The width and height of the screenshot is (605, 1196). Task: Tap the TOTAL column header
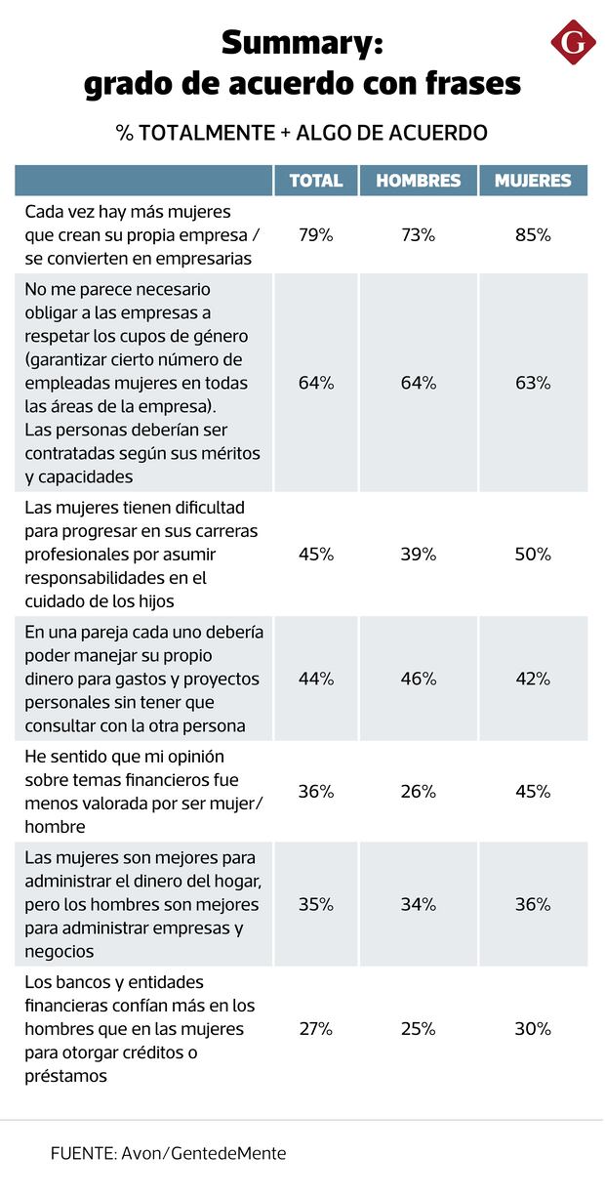pyautogui.click(x=316, y=181)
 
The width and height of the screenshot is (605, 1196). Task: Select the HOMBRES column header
pyautogui.click(x=418, y=181)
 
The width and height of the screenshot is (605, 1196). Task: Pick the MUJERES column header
pyautogui.click(x=533, y=181)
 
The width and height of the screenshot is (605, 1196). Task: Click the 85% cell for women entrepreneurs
pyautogui.click(x=534, y=234)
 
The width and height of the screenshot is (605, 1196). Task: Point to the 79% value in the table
pyautogui.click(x=316, y=234)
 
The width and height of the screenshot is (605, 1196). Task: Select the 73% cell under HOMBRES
pyautogui.click(x=418, y=234)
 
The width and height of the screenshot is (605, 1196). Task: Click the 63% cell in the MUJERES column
pyautogui.click(x=534, y=383)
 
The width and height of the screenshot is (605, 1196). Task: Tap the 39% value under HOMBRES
pyautogui.click(x=418, y=554)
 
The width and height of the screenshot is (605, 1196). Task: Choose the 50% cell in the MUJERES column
pyautogui.click(x=534, y=554)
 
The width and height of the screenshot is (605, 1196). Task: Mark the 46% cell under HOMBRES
pyautogui.click(x=418, y=679)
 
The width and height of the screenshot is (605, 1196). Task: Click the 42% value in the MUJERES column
pyautogui.click(x=534, y=679)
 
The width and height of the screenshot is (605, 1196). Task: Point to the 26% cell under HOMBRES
pyautogui.click(x=418, y=791)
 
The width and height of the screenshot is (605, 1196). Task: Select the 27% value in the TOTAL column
pyautogui.click(x=316, y=1028)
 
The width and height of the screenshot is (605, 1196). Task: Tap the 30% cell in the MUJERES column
pyautogui.click(x=534, y=1028)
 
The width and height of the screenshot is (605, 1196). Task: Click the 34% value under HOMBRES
pyautogui.click(x=418, y=904)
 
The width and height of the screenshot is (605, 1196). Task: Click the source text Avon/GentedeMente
pyautogui.click(x=203, y=1153)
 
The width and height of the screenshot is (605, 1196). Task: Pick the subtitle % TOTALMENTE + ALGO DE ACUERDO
pyautogui.click(x=302, y=133)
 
